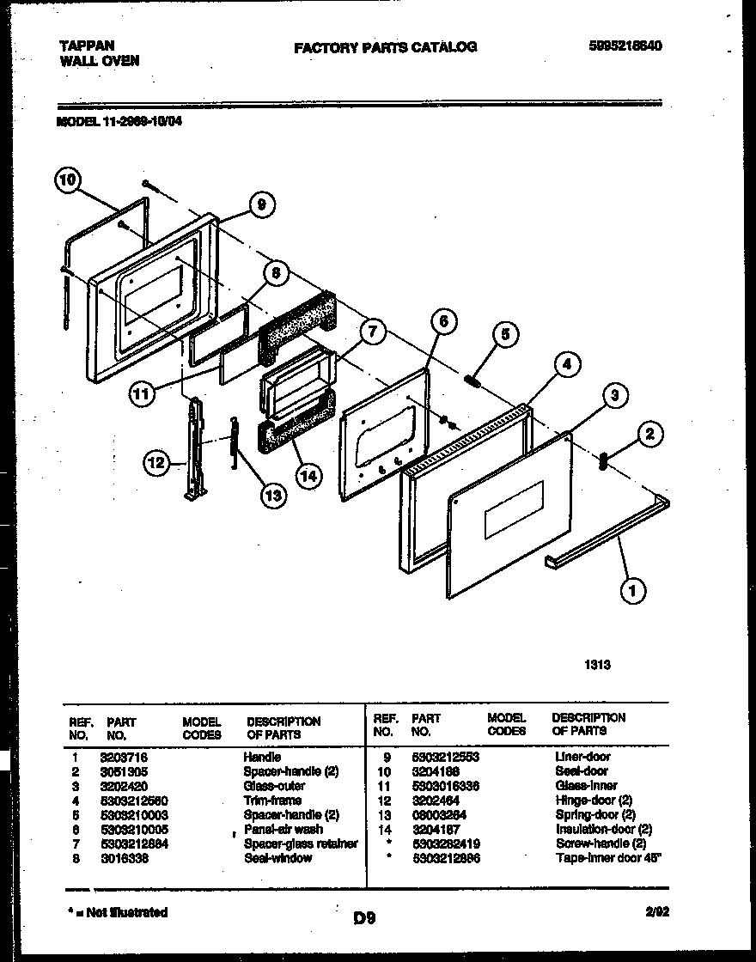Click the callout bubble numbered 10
pos(68,180)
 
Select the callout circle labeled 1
pos(633,590)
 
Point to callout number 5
pos(505,335)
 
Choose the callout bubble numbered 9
pos(261,204)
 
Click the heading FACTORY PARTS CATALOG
pos(385,47)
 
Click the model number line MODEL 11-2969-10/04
pos(119,122)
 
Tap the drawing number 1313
pos(600,664)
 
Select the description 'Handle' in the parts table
pos(262,758)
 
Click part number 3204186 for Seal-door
pos(436,771)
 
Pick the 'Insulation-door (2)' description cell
pos(603,829)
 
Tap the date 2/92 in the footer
pos(656,912)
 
